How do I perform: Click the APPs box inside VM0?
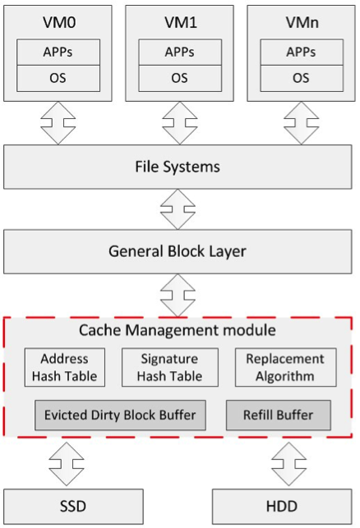[58, 53]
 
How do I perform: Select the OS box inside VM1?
[180, 79]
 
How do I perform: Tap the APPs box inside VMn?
[302, 53]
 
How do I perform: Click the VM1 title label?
[180, 22]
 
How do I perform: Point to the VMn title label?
[302, 22]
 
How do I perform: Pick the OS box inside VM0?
[58, 79]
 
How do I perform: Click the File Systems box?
[178, 167]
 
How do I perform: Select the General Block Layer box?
[178, 251]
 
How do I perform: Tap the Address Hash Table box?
[65, 367]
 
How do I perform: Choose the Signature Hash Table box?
[170, 367]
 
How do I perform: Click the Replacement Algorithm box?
[285, 367]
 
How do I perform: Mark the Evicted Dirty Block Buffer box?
[120, 416]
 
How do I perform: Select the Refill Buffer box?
[279, 416]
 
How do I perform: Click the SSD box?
[73, 507]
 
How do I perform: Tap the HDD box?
[282, 507]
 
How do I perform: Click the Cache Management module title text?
[178, 330]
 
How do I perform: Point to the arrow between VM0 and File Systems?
[58, 123]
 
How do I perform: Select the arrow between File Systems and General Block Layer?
[178, 209]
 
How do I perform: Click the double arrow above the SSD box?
[67, 464]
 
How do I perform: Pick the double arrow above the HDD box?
[288, 464]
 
